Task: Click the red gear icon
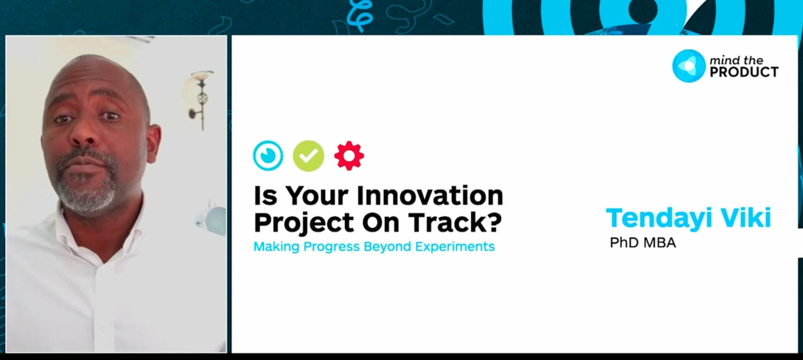point(349,156)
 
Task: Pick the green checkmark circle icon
point(308,156)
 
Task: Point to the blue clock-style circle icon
point(268,156)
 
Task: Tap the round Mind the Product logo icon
point(688,66)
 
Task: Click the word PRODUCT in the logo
point(744,72)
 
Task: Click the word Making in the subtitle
point(276,247)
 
